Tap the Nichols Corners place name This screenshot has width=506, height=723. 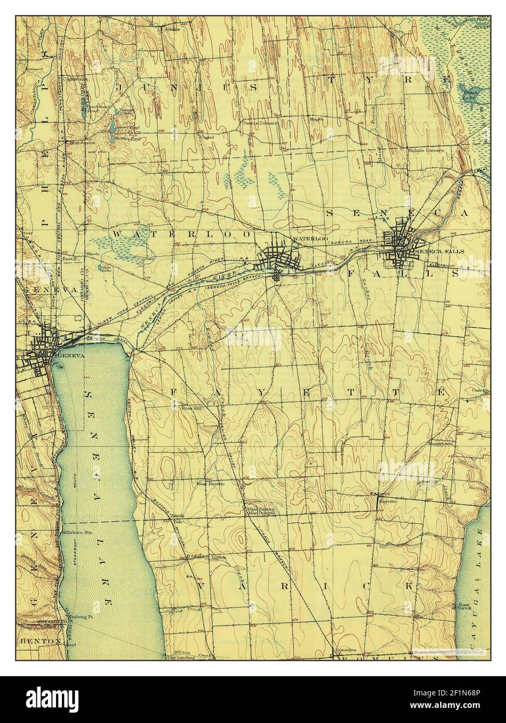pyautogui.click(x=426, y=150)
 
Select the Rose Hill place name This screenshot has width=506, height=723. pyautogui.click(x=191, y=408)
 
